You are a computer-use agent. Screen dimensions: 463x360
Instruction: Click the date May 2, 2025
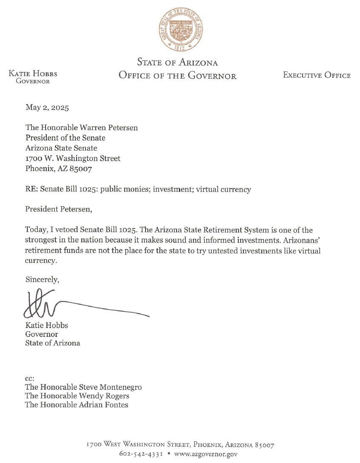[x=47, y=108]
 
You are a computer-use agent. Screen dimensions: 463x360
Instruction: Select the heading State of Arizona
[x=177, y=62]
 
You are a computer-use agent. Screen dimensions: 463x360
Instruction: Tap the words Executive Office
[x=317, y=75]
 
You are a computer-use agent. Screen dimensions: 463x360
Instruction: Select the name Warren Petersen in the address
[x=109, y=128]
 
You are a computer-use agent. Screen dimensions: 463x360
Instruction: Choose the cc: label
[x=29, y=378]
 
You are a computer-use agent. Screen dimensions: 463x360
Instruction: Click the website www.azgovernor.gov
[x=206, y=454]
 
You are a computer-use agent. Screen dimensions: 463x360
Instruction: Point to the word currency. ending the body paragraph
[x=41, y=261]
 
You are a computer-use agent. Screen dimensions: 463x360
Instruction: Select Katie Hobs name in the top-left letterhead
[x=33, y=74]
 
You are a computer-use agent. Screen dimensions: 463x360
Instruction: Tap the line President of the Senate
[x=65, y=138]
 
